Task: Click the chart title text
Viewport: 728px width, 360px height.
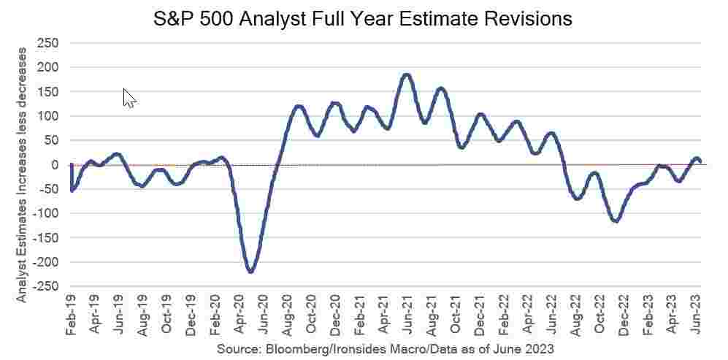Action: pos(363,18)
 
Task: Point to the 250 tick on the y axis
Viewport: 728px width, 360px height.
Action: pos(48,43)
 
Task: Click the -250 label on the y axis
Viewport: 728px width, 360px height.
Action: pos(45,286)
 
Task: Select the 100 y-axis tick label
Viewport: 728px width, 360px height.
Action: pos(48,116)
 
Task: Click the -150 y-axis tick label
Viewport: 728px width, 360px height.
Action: pos(45,238)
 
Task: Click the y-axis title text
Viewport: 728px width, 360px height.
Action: pos(22,175)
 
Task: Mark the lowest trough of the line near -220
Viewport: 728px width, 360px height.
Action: pos(250,271)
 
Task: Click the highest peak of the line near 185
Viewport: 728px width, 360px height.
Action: pos(407,74)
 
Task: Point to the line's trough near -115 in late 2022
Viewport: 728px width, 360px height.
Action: pos(616,221)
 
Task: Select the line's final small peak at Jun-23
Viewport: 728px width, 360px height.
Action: pos(696,158)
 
